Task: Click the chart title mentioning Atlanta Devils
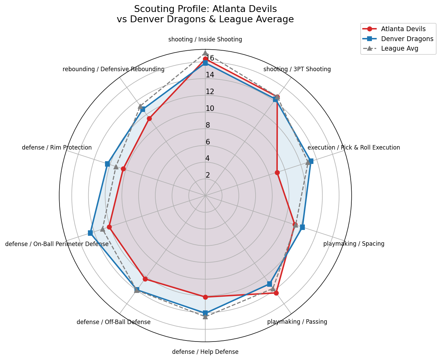coord(205,14)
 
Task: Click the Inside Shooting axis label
coord(205,39)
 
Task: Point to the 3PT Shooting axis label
coord(297,69)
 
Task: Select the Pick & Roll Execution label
coord(353,147)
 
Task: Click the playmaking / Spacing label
coord(354,244)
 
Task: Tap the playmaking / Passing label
coord(297,322)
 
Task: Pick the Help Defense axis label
coord(205,352)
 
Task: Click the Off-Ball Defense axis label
coord(114,322)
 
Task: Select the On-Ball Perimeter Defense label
coord(57,244)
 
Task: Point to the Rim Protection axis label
coord(57,147)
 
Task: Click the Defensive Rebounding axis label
coord(114,69)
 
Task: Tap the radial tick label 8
coord(208,125)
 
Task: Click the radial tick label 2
coord(208,175)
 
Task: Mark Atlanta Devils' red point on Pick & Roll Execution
coord(277,172)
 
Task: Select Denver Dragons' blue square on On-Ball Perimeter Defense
coord(90,233)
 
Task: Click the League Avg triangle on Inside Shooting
coord(205,53)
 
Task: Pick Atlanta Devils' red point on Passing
coord(276,293)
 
